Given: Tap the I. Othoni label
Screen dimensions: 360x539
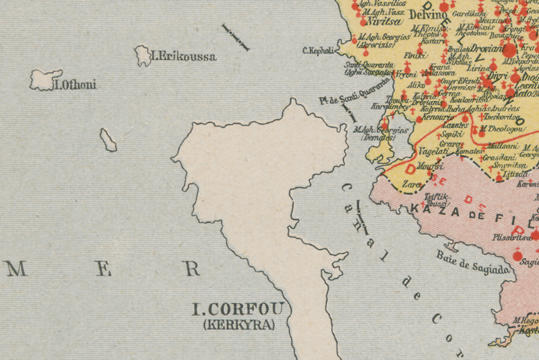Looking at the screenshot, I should pyautogui.click(x=75, y=85).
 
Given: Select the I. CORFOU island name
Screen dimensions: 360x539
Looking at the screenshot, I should pyautogui.click(x=239, y=310).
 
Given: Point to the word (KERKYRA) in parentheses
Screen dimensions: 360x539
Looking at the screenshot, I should pyautogui.click(x=239, y=325).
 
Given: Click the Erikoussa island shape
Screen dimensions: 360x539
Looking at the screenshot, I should pyautogui.click(x=143, y=55).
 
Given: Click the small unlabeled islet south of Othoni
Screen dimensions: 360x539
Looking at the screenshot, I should pyautogui.click(x=108, y=140).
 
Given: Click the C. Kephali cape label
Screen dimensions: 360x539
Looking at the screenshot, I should pyautogui.click(x=318, y=50).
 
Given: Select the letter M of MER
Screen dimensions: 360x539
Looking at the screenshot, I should pyautogui.click(x=15, y=270).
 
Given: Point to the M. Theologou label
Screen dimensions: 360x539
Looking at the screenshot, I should pyautogui.click(x=502, y=128).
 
